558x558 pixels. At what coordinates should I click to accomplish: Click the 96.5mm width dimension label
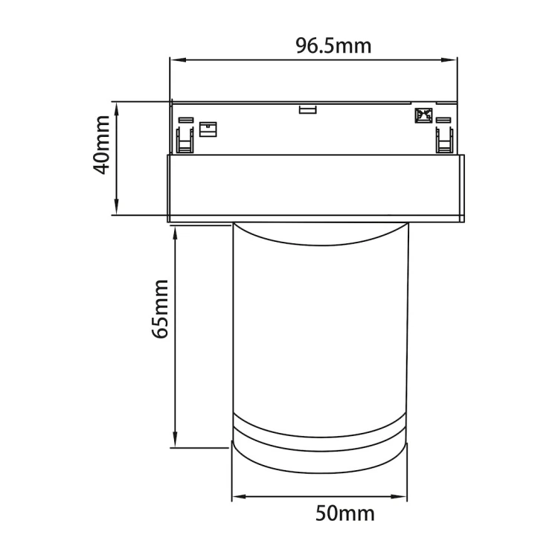tap(333, 45)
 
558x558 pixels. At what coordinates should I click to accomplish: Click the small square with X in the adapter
tap(423, 116)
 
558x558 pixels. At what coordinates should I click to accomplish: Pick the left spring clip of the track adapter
tap(185, 138)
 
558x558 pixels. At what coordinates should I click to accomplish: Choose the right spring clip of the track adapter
tap(444, 138)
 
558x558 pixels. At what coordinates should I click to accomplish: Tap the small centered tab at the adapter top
tap(307, 109)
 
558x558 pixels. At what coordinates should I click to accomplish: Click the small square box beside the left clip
tap(208, 129)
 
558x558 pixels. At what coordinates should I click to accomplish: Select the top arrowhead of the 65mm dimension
tap(176, 232)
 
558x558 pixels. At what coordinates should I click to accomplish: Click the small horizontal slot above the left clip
tap(185, 120)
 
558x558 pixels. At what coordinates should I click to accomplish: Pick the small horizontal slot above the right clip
tap(444, 120)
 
